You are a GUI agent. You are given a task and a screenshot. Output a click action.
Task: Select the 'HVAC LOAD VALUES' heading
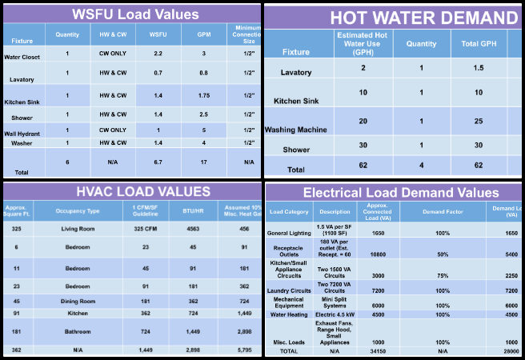click(x=132, y=191)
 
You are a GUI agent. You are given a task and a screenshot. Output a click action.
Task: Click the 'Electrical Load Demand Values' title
click(x=400, y=192)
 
